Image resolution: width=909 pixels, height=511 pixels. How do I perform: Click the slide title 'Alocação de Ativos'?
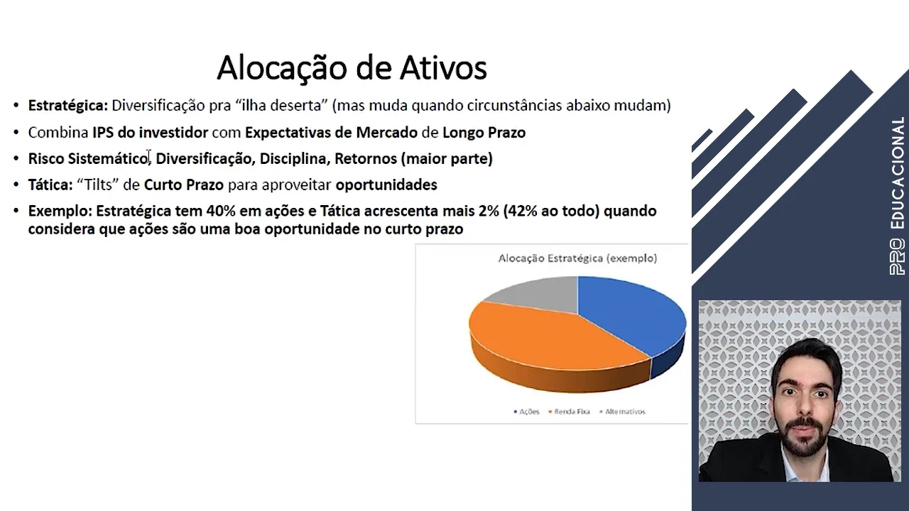352,68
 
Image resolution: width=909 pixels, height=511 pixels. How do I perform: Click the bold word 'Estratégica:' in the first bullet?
68,106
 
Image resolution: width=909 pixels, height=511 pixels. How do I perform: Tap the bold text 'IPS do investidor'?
150,132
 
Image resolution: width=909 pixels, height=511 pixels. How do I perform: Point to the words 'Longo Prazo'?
484,132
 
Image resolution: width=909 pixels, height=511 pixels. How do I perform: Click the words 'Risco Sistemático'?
88,158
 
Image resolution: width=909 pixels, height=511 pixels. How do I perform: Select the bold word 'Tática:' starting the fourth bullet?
50,185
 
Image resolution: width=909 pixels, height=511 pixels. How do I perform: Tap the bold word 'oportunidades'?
386,185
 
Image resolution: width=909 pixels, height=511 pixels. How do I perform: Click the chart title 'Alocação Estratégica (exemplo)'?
577,258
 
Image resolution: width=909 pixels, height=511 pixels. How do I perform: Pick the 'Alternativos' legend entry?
623,412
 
